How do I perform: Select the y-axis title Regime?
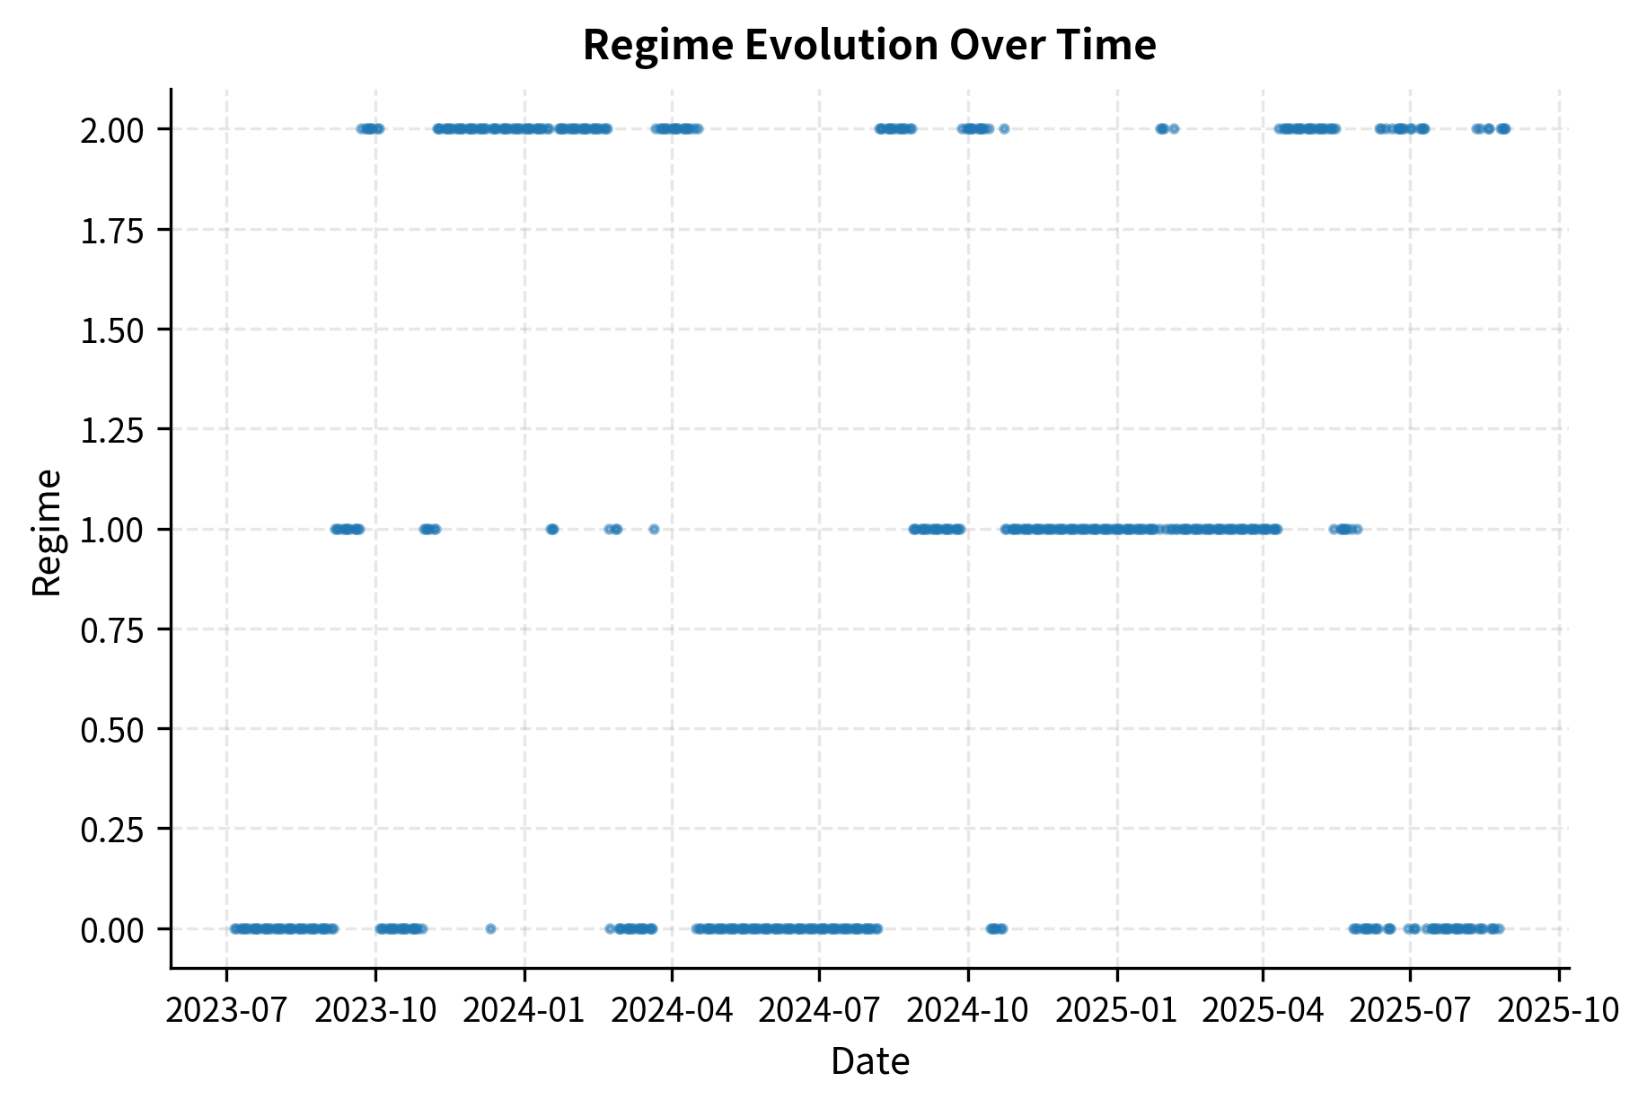pos(47,532)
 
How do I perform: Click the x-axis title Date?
pos(869,1061)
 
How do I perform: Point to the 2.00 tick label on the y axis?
pos(111,131)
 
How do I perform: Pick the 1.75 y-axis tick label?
pos(111,231)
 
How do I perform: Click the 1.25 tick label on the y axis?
pos(111,431)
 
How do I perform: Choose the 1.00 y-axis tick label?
pos(111,531)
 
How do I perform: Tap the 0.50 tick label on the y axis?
pos(111,730)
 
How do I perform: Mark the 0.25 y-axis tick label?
pos(111,830)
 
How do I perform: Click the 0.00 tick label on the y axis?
pos(111,930)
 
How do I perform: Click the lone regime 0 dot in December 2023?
pos(490,928)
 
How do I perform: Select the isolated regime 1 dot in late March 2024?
pos(654,529)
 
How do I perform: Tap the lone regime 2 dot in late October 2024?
pos(1004,128)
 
